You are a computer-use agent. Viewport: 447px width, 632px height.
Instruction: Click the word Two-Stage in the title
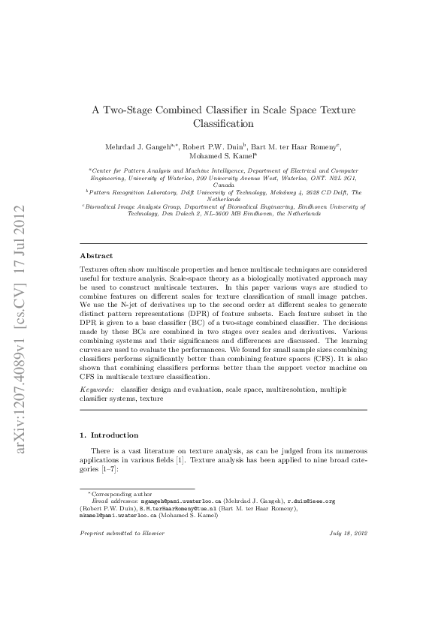pos(126,110)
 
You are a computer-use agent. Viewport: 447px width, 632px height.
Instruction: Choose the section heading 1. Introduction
pos(109,435)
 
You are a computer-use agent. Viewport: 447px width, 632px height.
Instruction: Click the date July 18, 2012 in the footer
pos(347,533)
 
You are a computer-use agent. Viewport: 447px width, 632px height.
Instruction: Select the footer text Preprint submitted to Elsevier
pos(122,533)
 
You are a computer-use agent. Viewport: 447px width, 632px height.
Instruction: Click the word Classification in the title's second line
pos(223,123)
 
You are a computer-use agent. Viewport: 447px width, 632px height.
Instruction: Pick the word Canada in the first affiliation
pos(223,184)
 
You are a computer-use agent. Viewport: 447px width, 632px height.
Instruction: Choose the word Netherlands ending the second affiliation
pos(223,199)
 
